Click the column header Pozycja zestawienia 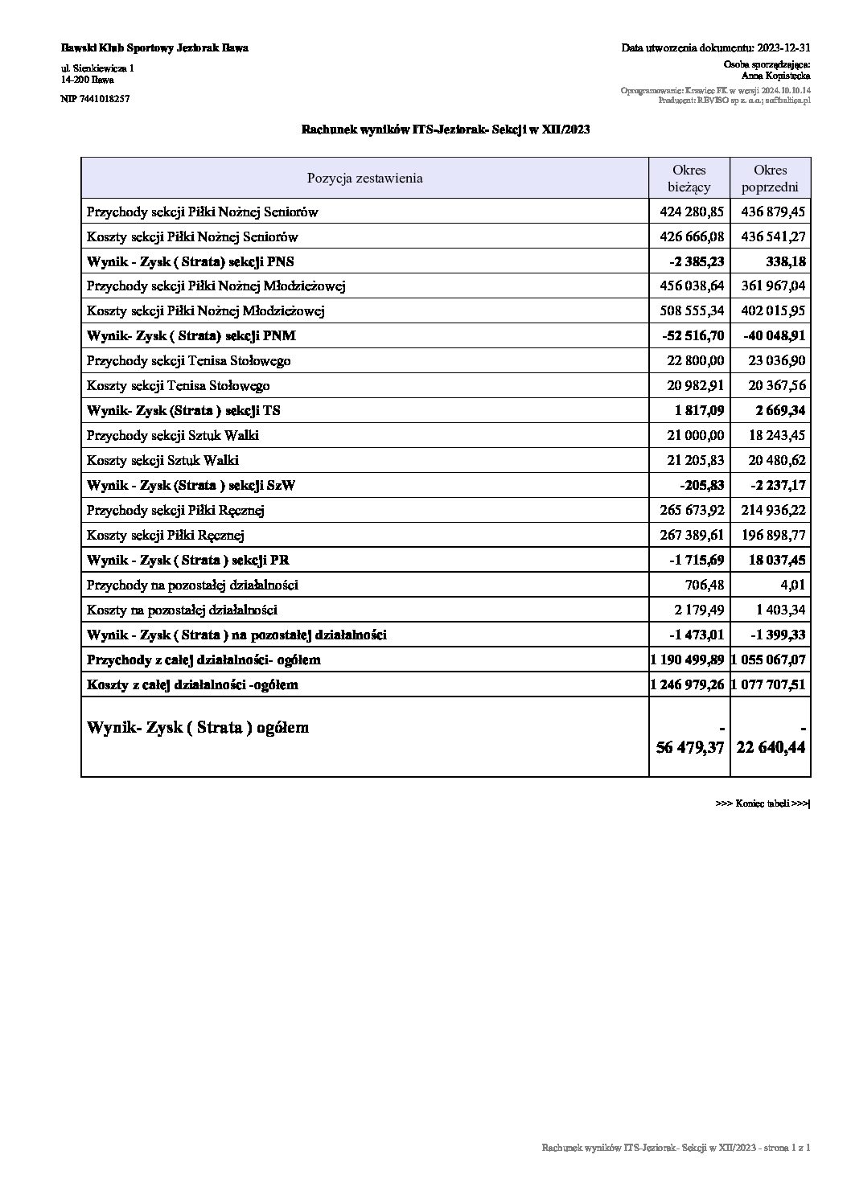pos(364,178)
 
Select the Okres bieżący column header pos(689,179)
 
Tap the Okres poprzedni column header pos(770,179)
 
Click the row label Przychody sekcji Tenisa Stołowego pos(189,360)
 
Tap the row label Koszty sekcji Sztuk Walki pos(162,460)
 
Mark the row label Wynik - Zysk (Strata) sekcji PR pos(188,560)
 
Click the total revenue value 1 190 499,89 pos(689,660)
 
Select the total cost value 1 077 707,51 pos(770,684)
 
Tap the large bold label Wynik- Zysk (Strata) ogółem pos(198,728)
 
